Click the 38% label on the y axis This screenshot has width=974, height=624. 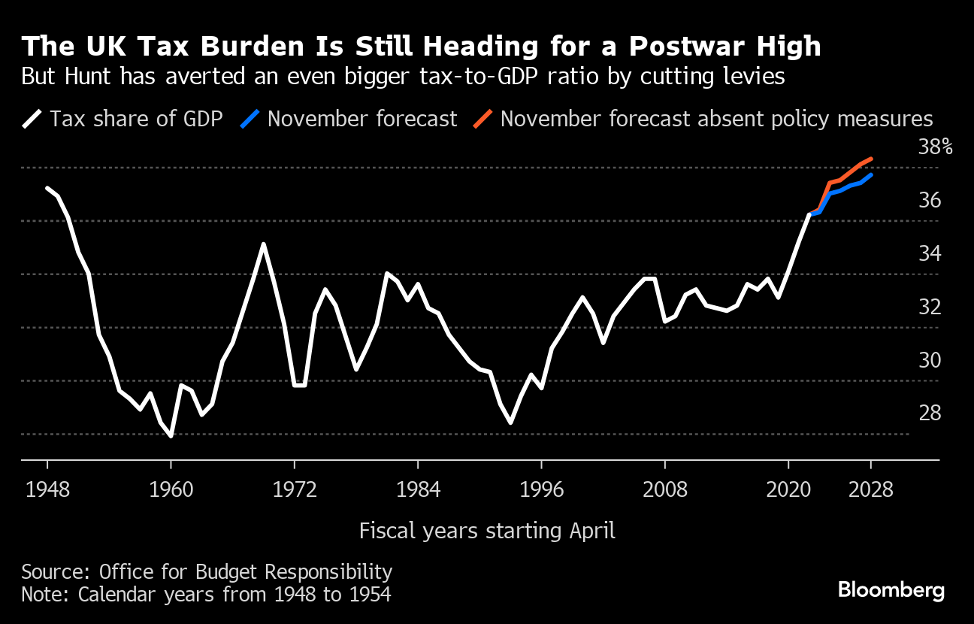point(935,147)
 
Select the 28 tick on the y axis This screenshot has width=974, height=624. point(930,413)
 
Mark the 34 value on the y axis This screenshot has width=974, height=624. point(930,253)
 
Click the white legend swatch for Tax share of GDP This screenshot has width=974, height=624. point(32,119)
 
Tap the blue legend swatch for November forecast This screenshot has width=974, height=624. point(250,119)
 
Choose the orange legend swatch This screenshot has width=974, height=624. point(482,119)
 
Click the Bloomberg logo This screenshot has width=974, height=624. point(891,589)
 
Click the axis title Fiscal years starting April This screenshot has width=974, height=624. point(487,531)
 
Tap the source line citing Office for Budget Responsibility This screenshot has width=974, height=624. point(207,571)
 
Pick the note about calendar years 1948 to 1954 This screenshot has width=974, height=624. point(206,594)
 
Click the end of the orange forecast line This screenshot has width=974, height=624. point(870,159)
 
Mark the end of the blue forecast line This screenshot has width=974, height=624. point(870,175)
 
